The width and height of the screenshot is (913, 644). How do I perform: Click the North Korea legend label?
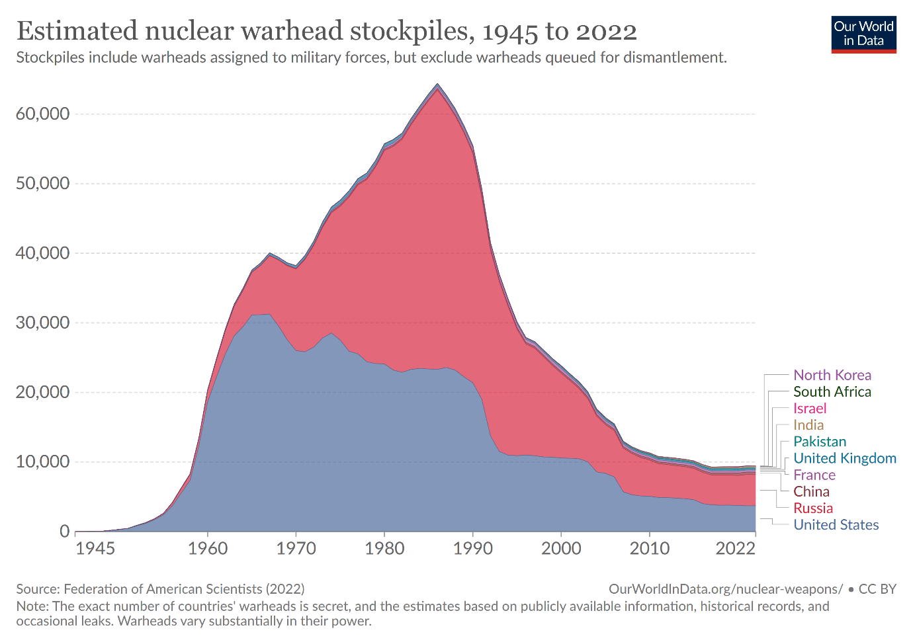click(832, 376)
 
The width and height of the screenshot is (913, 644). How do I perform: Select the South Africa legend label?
click(832, 392)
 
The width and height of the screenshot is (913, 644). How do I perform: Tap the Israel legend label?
click(810, 409)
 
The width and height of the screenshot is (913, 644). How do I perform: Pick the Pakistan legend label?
click(820, 442)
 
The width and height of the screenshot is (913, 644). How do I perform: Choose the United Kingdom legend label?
click(845, 458)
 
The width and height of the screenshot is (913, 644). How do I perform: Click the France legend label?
click(814, 475)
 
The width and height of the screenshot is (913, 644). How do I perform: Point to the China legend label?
click(811, 491)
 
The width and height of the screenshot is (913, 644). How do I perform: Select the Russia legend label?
click(813, 508)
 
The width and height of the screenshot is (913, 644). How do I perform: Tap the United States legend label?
click(836, 524)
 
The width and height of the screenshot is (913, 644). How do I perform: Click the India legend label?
click(808, 425)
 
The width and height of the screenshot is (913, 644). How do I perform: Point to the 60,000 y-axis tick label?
click(42, 114)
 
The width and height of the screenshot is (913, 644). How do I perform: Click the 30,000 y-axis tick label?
click(42, 323)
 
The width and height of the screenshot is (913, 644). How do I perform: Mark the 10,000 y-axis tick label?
click(42, 462)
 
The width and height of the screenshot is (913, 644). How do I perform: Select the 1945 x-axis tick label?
click(95, 548)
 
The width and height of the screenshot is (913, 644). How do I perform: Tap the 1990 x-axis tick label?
click(472, 548)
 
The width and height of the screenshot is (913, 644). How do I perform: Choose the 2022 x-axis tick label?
click(735, 548)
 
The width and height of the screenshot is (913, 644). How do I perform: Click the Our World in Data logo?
click(863, 34)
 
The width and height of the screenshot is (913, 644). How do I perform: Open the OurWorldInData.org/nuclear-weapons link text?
click(725, 589)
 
